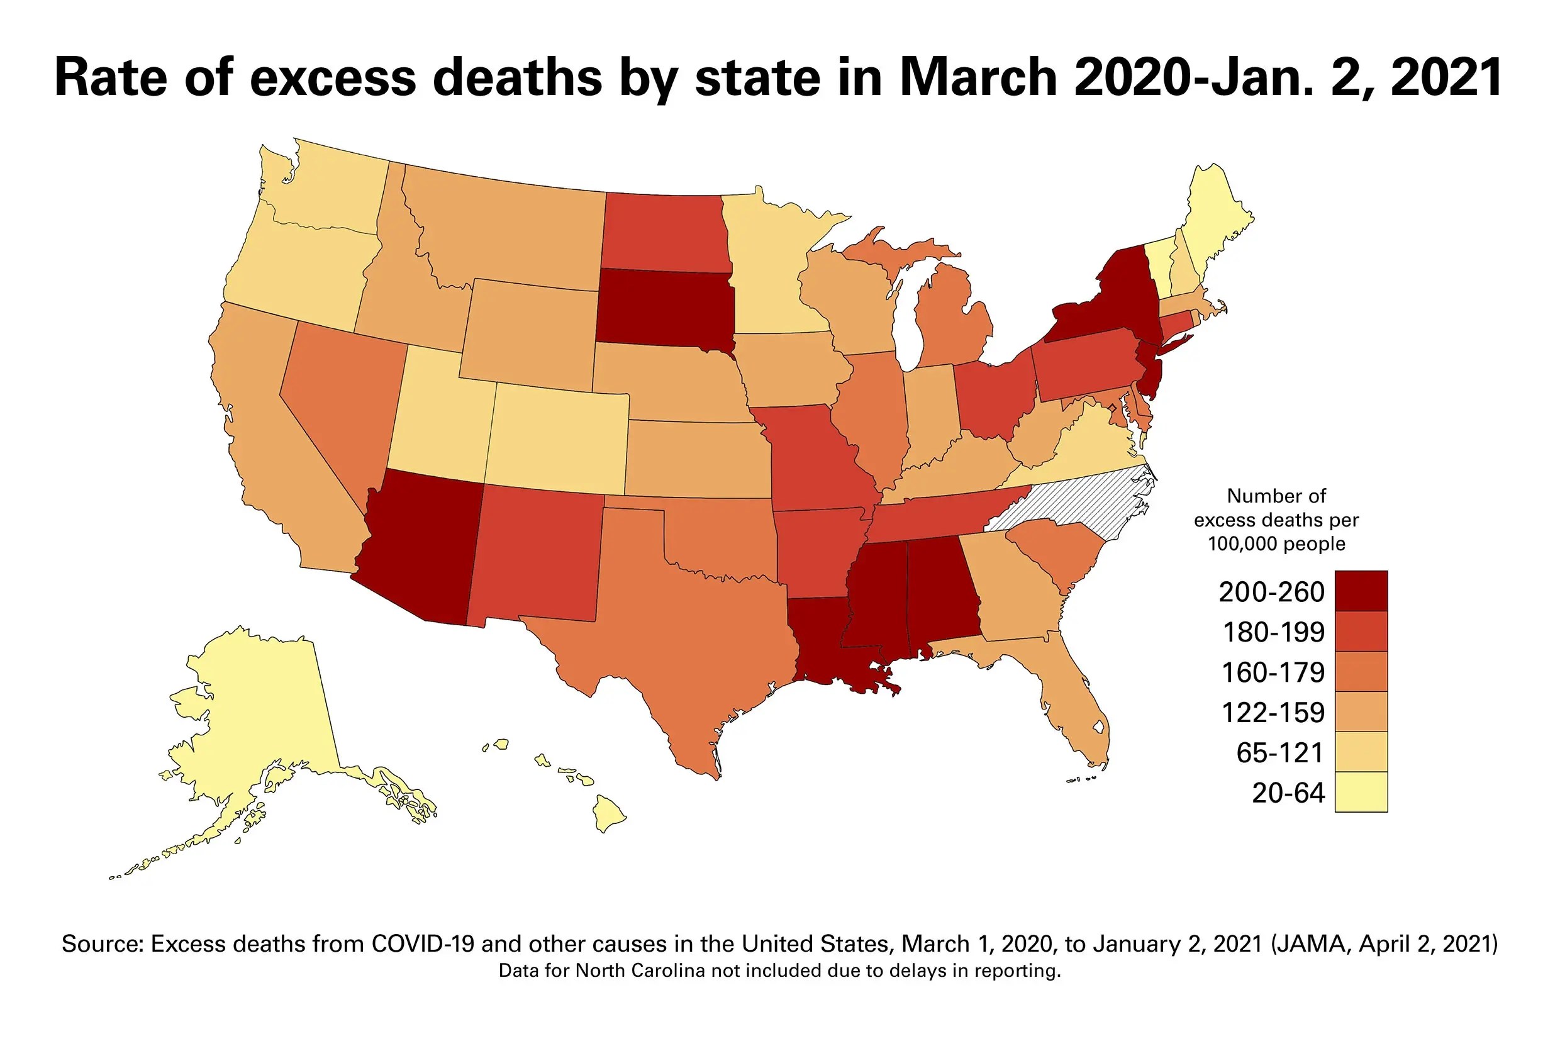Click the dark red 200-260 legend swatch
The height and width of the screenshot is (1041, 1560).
pos(1360,590)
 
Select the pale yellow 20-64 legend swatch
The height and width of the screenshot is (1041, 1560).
pos(1360,791)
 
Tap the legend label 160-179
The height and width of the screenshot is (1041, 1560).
pos(1273,672)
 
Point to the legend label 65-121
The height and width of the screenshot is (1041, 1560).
pos(1279,753)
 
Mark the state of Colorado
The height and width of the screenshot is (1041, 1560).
pos(557,438)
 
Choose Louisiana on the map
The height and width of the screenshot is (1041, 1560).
pos(823,637)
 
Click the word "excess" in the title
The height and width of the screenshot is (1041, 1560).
pos(332,77)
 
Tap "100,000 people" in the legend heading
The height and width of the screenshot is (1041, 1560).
pos(1276,543)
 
